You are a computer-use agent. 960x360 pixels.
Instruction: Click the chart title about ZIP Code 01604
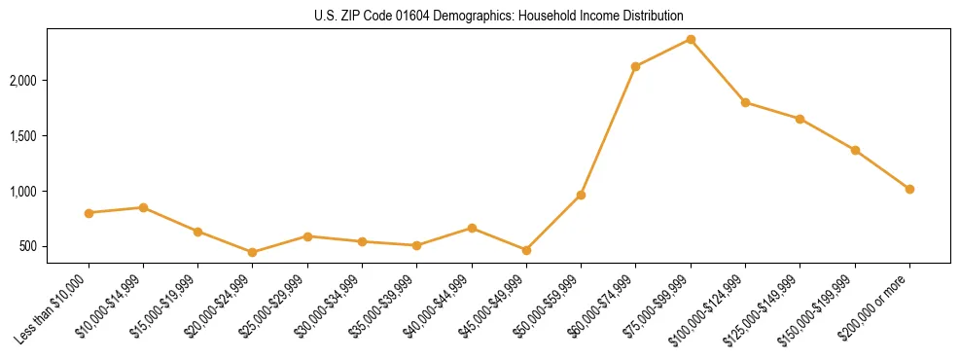tap(498, 17)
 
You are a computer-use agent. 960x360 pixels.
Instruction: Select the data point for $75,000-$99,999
tap(691, 39)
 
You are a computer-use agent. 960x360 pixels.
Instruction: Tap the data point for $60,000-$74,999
tap(635, 67)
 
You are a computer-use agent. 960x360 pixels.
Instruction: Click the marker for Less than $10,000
tap(89, 213)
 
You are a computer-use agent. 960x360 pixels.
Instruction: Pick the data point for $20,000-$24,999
tap(253, 252)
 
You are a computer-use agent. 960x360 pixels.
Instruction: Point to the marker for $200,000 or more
tap(909, 189)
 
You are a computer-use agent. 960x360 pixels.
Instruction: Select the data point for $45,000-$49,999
tap(526, 250)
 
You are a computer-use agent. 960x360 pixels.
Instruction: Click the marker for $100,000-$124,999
tap(745, 102)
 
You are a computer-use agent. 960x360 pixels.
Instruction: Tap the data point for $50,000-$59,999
tap(581, 196)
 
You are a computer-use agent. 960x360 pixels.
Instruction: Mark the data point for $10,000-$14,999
tap(143, 207)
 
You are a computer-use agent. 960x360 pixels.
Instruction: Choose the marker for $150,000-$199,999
tap(855, 150)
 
